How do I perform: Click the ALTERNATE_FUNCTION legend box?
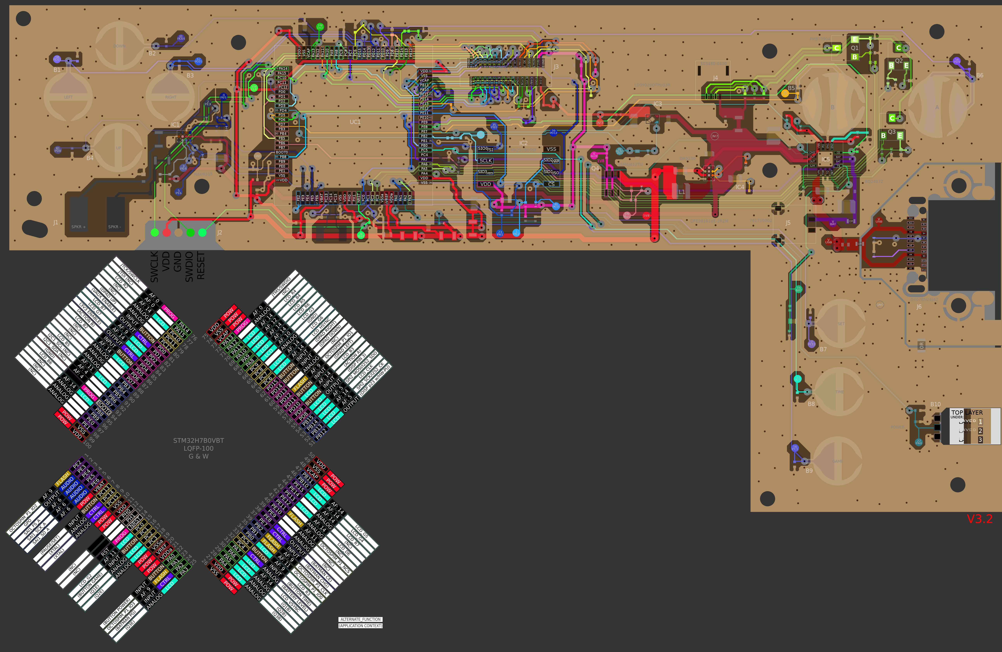coord(360,619)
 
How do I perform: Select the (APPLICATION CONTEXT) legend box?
coord(360,625)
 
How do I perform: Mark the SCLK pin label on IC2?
coord(486,160)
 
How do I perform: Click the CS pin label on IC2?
coord(551,184)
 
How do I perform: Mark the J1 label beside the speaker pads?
coord(56,222)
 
